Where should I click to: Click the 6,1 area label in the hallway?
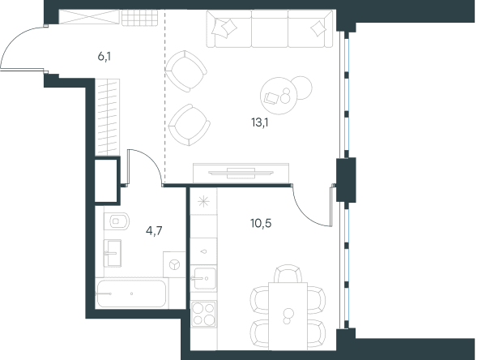pyautogui.click(x=104, y=57)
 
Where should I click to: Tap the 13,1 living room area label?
pyautogui.click(x=260, y=122)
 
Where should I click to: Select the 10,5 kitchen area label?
pyautogui.click(x=261, y=223)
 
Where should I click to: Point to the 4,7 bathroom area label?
pyautogui.click(x=154, y=231)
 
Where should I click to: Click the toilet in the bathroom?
pyautogui.click(x=117, y=221)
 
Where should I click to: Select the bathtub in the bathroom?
pyautogui.click(x=132, y=294)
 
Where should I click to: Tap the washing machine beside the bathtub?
pyautogui.click(x=174, y=264)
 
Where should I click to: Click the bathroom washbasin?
pyautogui.click(x=113, y=253)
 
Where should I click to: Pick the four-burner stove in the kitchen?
pyautogui.click(x=203, y=314)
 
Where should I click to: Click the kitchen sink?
pyautogui.click(x=203, y=278)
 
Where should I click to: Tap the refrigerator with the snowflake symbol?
pyautogui.click(x=203, y=202)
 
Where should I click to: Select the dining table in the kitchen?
pyautogui.click(x=288, y=316)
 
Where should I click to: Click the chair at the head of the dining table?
pyautogui.click(x=288, y=273)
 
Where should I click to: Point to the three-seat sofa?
pyautogui.click(x=270, y=29)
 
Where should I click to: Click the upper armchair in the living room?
pyautogui.click(x=185, y=71)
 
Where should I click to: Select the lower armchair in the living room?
pyautogui.click(x=189, y=125)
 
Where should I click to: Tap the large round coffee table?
pyautogui.click(x=278, y=96)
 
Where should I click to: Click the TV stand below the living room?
pyautogui.click(x=241, y=174)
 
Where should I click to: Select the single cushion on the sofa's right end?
pyautogui.click(x=318, y=29)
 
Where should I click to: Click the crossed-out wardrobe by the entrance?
pyautogui.click(x=89, y=17)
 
